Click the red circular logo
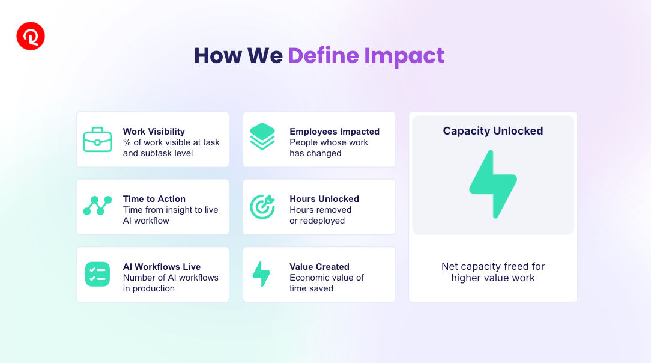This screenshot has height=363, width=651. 31,36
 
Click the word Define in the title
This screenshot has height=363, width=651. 324,56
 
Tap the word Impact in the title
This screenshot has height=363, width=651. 404,56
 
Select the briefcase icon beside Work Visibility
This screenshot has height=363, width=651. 97,139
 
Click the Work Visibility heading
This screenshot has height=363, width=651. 154,132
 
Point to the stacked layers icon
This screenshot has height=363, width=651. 262,136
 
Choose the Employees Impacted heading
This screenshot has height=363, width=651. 335,132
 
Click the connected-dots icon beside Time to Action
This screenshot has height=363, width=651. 97,206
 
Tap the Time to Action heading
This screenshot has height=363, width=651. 154,199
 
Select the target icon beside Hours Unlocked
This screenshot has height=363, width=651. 262,206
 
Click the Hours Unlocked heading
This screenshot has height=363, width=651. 324,199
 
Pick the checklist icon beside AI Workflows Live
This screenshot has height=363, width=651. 97,274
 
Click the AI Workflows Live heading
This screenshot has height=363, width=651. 162,267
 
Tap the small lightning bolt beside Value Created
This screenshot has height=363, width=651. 262,274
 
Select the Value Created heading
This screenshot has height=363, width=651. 319,267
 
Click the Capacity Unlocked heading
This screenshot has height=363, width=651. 493,131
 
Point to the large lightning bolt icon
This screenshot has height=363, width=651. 493,184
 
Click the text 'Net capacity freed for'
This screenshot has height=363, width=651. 493,266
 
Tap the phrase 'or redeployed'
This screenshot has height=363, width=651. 316,221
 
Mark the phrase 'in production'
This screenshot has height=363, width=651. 148,288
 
